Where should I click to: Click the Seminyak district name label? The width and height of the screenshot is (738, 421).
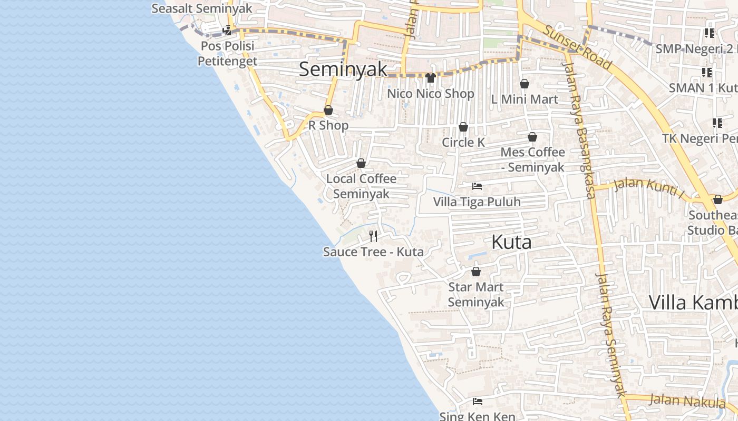343,69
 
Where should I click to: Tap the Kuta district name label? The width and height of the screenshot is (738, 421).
511,242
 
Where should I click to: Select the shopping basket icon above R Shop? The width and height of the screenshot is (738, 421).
328,110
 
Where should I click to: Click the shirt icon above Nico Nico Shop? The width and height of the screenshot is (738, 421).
430,78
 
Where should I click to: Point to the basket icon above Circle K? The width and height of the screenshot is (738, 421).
463,127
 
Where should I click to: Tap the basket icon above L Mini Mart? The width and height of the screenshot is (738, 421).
525,84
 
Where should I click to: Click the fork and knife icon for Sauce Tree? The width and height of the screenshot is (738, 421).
373,236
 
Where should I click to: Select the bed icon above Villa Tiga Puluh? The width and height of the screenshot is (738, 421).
477,186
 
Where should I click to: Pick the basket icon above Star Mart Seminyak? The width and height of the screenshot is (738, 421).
476,272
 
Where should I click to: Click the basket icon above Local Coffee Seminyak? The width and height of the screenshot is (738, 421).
361,163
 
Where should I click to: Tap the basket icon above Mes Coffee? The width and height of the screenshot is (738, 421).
532,137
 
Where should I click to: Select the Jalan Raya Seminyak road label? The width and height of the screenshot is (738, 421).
610,335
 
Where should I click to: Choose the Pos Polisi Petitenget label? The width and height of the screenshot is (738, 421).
228,54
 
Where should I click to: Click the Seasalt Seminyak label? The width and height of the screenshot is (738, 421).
202,9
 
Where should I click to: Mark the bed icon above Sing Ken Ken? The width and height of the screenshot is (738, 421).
478,402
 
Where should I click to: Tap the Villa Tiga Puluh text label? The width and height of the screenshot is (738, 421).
477,202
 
